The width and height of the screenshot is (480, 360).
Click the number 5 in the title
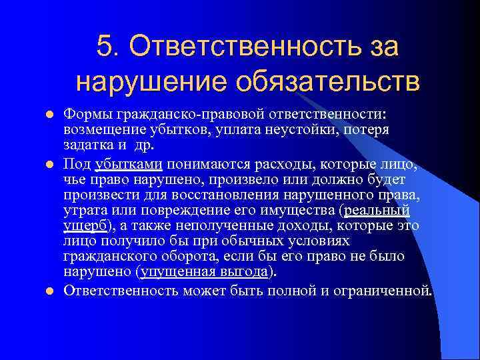104,47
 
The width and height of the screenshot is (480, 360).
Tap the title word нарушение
133,83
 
